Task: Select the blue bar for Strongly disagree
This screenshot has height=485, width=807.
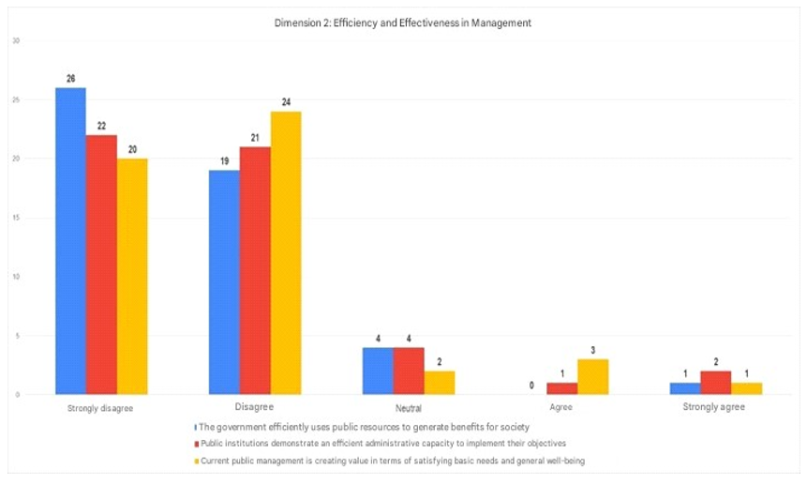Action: [x=70, y=241]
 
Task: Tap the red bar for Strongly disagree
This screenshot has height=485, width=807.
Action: [x=101, y=265]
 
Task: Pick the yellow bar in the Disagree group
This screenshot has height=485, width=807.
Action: [x=286, y=253]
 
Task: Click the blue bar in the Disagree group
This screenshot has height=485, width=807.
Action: [x=224, y=282]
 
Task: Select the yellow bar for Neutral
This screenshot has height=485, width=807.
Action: [x=440, y=383]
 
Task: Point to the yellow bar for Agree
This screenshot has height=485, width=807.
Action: [x=593, y=377]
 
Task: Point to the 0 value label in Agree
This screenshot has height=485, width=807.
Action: [x=532, y=385]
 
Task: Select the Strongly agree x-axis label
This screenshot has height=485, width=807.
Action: [x=715, y=409]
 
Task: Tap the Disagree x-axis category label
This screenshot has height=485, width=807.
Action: [x=254, y=408]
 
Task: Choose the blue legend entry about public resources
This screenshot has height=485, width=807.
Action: [x=361, y=427]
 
